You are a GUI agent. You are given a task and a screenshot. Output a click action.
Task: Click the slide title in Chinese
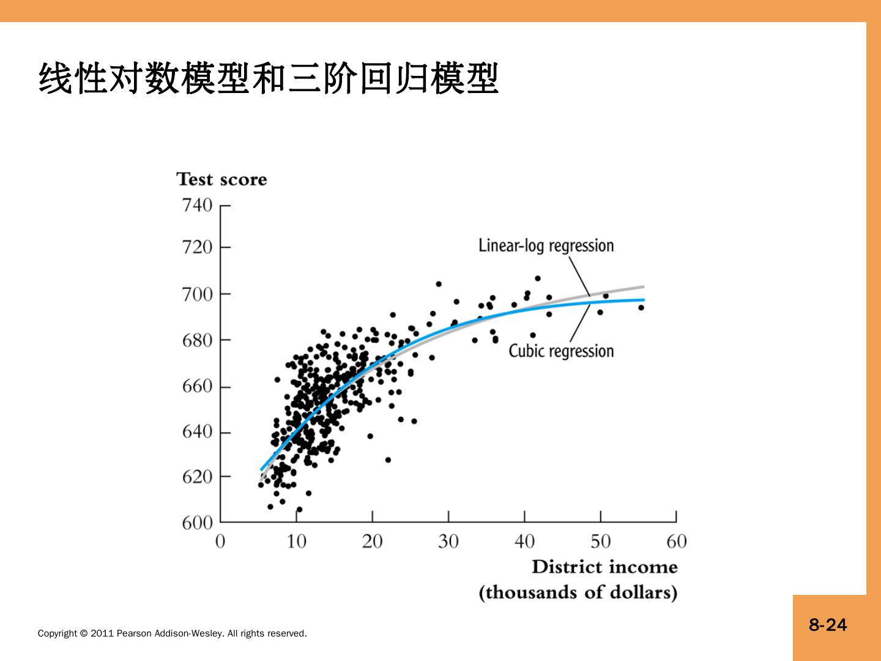(x=269, y=78)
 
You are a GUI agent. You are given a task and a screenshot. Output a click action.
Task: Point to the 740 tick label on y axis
(x=197, y=204)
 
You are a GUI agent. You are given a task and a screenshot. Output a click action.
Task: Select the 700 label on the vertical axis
(x=197, y=294)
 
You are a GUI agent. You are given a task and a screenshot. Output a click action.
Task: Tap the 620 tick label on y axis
(x=197, y=476)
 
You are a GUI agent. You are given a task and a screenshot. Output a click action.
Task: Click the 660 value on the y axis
(x=197, y=386)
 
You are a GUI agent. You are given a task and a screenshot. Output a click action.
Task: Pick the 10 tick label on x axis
(x=296, y=542)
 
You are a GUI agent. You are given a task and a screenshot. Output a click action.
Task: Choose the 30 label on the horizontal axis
(x=448, y=542)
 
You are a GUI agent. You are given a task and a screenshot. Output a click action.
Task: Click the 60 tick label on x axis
(x=676, y=542)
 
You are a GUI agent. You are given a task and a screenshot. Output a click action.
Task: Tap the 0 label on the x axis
(x=220, y=542)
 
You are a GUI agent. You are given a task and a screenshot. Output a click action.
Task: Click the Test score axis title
(x=221, y=179)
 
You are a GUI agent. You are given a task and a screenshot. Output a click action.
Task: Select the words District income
(x=604, y=567)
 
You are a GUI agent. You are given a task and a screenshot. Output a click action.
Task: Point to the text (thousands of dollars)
(x=578, y=592)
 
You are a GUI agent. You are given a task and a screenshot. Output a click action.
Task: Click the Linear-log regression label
(x=546, y=245)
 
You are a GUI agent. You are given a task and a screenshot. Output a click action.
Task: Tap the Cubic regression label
(x=561, y=351)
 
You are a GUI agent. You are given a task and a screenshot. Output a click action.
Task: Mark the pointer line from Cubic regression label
(x=580, y=323)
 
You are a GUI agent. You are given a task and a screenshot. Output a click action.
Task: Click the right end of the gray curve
(x=643, y=286)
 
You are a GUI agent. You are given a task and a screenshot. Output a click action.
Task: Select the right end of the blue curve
(x=643, y=300)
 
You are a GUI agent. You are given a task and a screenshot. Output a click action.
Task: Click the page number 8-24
(x=828, y=625)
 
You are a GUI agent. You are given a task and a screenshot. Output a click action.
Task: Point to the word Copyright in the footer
(x=58, y=633)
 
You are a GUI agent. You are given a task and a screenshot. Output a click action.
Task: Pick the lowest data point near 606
(x=299, y=509)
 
